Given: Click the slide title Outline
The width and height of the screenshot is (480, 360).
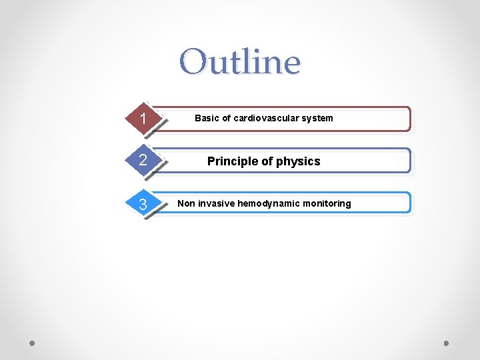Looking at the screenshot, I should [x=239, y=61].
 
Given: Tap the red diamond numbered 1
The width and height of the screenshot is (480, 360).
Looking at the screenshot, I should [x=143, y=119].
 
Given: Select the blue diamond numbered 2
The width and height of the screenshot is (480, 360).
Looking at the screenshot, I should [x=143, y=161].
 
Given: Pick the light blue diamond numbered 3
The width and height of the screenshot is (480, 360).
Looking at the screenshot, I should [x=143, y=203].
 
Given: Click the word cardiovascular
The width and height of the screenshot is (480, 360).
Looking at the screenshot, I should [x=265, y=119].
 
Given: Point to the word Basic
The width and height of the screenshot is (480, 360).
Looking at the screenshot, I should [x=207, y=119].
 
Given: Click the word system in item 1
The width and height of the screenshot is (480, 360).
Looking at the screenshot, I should [x=317, y=119].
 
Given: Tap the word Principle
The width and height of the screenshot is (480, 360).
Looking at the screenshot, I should [x=231, y=161].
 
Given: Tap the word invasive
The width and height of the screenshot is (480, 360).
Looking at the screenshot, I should [x=215, y=203].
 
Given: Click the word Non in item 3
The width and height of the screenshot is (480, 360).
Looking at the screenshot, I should [x=186, y=203].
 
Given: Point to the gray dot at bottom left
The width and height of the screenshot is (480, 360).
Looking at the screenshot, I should [x=33, y=343].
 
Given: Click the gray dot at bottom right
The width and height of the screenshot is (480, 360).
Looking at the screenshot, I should [x=446, y=343].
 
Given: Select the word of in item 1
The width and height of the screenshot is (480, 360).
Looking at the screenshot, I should [x=226, y=119].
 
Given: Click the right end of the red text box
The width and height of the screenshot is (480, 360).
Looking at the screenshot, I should [x=408, y=119].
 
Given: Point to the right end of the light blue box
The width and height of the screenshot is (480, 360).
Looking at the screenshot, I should [x=408, y=203].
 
